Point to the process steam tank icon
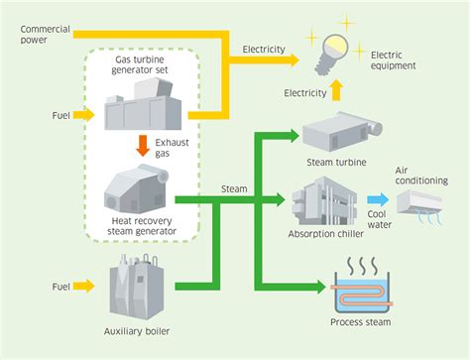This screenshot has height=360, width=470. tap(359, 290)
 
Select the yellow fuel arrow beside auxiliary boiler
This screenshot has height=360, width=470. tap(82, 287)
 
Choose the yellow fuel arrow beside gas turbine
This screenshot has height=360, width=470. tap(82, 116)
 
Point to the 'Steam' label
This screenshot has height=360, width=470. tap(233, 187)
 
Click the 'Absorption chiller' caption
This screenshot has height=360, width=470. tap(322, 234)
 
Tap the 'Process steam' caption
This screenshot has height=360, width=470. tap(359, 322)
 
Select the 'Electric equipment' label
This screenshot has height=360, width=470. tap(395, 60)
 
